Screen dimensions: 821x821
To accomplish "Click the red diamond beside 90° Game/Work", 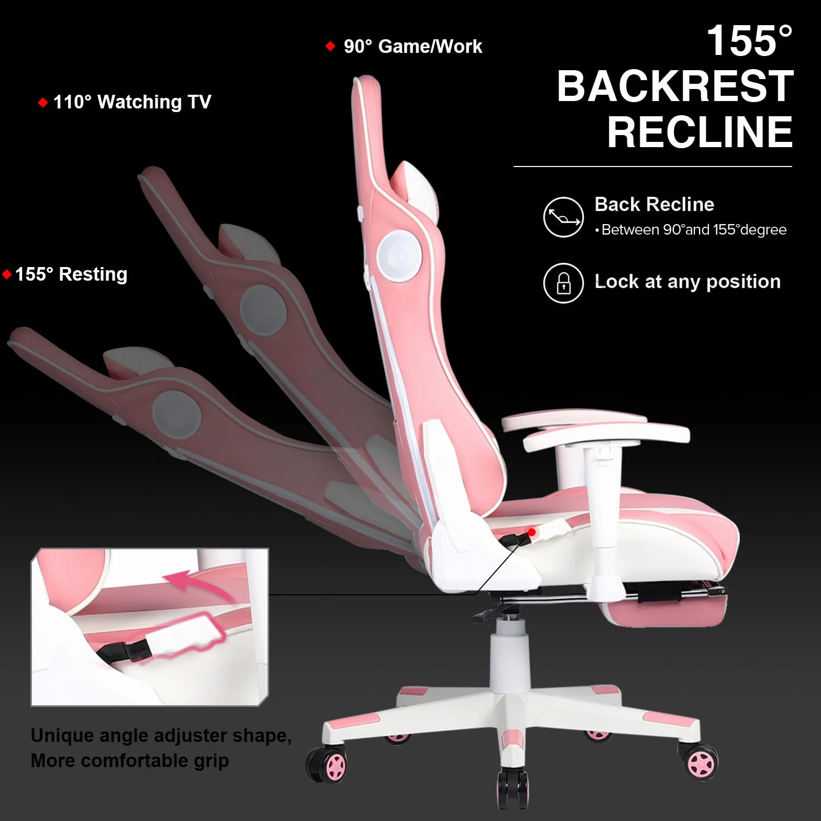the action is tap(330, 46).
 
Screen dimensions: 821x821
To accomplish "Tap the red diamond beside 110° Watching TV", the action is tap(43, 102).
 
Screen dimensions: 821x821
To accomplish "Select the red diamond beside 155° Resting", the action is tap(7, 274).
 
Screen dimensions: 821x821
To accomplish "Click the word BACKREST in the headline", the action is tap(675, 86).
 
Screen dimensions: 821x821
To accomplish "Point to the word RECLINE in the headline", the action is tap(700, 132).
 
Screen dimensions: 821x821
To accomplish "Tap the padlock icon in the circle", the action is tap(563, 283).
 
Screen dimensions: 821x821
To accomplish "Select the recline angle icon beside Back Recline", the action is tap(563, 217).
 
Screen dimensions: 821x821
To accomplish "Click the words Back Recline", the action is tap(654, 204).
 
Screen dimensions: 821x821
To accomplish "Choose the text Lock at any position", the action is tap(687, 282).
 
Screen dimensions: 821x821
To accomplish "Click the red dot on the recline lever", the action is tap(531, 532).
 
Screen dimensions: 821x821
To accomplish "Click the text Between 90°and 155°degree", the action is tap(694, 230).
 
